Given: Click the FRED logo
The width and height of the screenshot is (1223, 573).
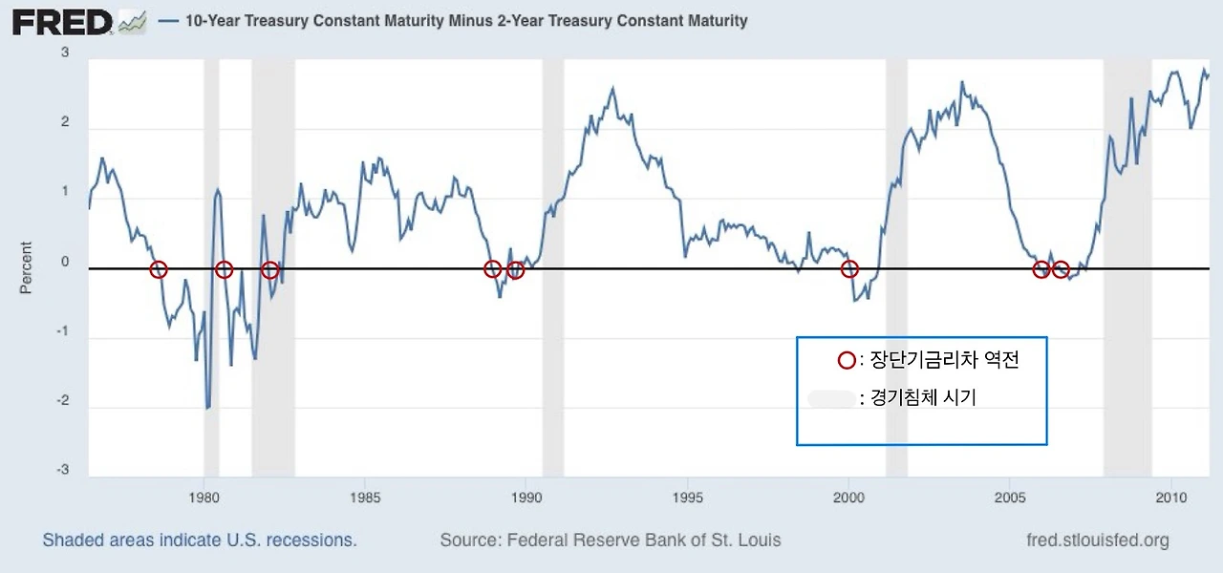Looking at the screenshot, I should [x=63, y=21].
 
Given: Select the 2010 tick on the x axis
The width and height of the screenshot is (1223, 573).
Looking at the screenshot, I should [x=1171, y=497].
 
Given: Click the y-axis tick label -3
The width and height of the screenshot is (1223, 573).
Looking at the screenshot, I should [x=65, y=469].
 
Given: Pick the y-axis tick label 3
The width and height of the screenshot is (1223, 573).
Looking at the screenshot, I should [x=65, y=53].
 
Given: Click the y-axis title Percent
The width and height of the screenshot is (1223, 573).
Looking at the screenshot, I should [x=26, y=267].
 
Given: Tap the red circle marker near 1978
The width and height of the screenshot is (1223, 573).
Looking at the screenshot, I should [x=159, y=269].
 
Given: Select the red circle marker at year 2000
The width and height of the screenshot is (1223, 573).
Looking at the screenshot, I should [x=849, y=269].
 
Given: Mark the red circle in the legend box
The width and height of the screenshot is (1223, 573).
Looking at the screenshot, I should [x=846, y=360].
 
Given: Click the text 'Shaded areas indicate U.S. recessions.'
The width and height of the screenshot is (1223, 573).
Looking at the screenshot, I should [x=200, y=541].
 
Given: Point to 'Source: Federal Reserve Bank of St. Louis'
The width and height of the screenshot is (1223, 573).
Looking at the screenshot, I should [x=611, y=541].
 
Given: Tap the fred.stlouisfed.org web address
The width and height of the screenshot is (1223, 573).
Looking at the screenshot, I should [x=1096, y=541].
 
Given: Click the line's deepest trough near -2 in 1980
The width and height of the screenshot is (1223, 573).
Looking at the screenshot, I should [x=207, y=408].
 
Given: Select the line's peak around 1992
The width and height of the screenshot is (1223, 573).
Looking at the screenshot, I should [x=612, y=89].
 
